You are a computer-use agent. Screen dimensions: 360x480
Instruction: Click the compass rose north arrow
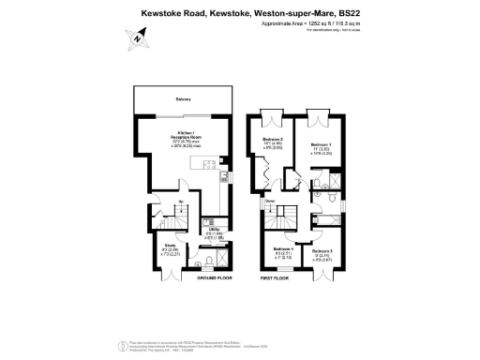pyautogui.click(x=137, y=39)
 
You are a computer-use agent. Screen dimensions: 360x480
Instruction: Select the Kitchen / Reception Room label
pyautogui.click(x=185, y=138)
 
